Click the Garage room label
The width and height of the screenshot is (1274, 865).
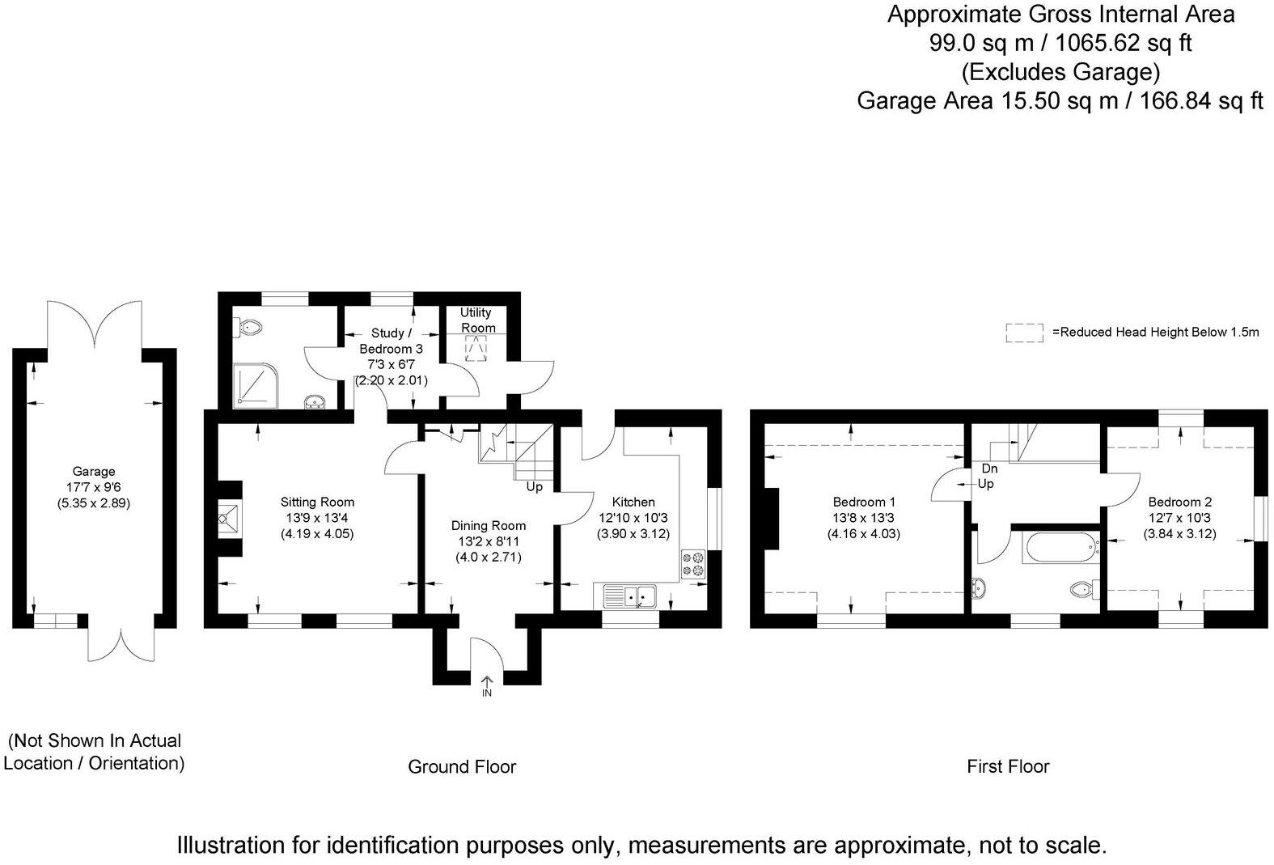coord(94,471)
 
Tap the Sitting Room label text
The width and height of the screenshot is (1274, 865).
coord(317,502)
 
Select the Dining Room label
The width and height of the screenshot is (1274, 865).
coord(489,526)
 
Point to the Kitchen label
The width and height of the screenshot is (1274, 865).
coord(633,502)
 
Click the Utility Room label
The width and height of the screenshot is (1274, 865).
coord(477,320)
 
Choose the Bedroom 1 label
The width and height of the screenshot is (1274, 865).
coord(864,502)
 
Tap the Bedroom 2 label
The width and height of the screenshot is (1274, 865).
coord(1180,502)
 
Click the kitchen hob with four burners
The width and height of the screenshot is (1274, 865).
coord(693,564)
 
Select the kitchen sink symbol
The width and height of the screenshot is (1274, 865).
coord(630,596)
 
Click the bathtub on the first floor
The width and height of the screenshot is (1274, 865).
coord(1060,548)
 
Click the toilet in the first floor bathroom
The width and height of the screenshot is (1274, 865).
coord(1084,589)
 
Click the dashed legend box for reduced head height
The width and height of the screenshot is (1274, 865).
coord(1024,333)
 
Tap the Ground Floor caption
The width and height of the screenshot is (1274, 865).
coord(462,766)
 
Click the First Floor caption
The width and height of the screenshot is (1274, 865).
coord(1008,766)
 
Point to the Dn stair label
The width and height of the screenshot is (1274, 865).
coord(989,469)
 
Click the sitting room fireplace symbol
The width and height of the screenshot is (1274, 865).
coord(230,519)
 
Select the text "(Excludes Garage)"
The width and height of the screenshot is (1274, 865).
coord(1060,72)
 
